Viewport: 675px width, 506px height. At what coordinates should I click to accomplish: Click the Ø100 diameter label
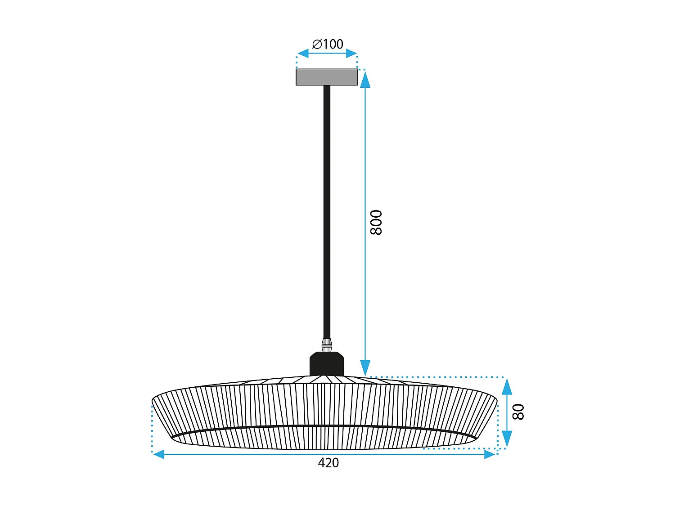pos(328,44)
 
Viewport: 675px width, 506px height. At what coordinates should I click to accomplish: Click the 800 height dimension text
pos(376,222)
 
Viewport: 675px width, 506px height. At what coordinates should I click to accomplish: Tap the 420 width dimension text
pos(328,463)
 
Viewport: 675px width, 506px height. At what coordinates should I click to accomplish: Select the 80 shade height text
pos(518,412)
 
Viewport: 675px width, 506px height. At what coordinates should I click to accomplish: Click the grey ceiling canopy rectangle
pos(327,77)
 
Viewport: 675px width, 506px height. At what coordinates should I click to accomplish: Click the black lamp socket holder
pos(327,363)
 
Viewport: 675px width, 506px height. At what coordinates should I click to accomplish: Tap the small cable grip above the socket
pos(327,345)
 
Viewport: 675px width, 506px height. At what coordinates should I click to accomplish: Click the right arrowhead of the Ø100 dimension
pos(351,54)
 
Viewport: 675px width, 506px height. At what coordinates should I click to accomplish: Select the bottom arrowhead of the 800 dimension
pos(365,367)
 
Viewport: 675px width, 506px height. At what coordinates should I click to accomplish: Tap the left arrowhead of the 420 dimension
pos(159,455)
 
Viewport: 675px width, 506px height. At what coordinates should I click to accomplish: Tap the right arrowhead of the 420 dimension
pos(490,455)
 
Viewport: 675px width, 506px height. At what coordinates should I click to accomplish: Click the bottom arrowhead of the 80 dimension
pos(507,439)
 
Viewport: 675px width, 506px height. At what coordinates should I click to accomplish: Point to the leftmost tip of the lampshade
pos(153,399)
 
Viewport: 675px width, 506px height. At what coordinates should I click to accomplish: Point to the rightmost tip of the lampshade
pos(497,399)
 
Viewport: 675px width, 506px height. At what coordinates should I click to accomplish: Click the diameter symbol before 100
pos(317,44)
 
